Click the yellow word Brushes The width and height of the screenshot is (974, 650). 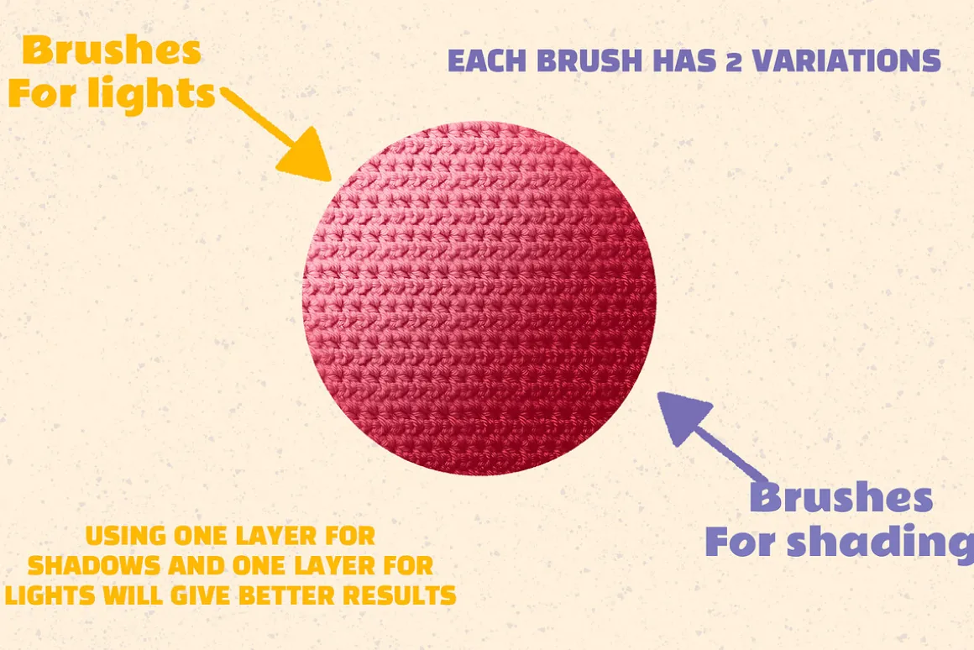tap(112, 50)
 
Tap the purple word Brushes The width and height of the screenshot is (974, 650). tap(841, 497)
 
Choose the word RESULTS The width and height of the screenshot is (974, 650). tap(400, 595)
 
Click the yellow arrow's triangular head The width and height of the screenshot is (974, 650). tap(308, 156)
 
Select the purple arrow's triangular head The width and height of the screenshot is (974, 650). tap(682, 416)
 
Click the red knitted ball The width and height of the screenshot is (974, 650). tap(479, 298)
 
